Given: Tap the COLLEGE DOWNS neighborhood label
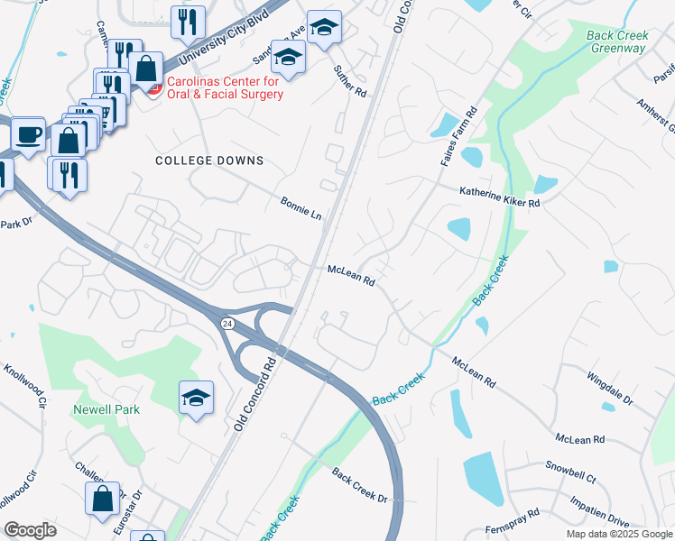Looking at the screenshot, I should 209,160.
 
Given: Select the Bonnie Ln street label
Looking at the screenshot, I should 301,208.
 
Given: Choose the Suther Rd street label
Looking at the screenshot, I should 349,79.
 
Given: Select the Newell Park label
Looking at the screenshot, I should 106,409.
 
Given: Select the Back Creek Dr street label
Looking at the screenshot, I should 358,485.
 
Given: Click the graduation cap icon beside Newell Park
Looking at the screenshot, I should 195,398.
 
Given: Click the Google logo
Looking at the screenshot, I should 30,529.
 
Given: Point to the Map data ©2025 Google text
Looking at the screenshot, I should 619,534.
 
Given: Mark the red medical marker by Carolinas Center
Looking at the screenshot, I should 153,87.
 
